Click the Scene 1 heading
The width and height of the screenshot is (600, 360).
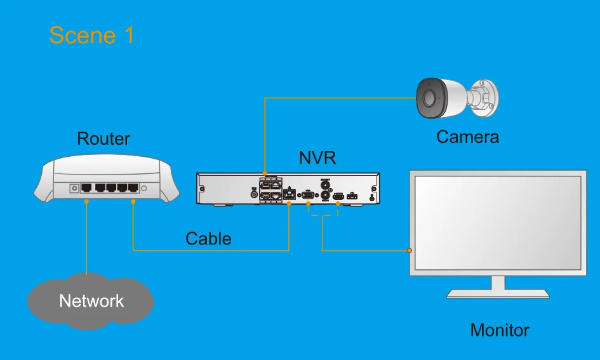point(91,35)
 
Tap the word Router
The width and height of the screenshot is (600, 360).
point(103,138)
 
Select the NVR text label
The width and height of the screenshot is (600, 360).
point(317,158)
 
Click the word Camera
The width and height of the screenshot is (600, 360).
point(467,137)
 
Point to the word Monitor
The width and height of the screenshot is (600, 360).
point(499,330)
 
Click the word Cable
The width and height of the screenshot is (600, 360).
point(208,239)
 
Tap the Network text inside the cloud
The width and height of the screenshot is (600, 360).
point(91,300)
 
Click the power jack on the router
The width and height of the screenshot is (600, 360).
point(74,188)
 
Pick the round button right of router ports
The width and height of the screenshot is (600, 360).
point(144,188)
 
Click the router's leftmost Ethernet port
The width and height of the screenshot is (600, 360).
point(86,188)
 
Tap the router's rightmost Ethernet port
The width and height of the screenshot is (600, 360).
point(133,188)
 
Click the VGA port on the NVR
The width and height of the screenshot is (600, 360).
point(307,194)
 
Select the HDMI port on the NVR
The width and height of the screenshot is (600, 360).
point(338,196)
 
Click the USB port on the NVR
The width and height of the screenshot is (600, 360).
point(353,196)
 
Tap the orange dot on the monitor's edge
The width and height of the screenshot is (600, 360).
point(410,251)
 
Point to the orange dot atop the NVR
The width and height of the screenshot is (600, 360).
point(264,172)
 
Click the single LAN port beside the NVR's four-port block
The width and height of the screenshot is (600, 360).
point(290,194)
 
